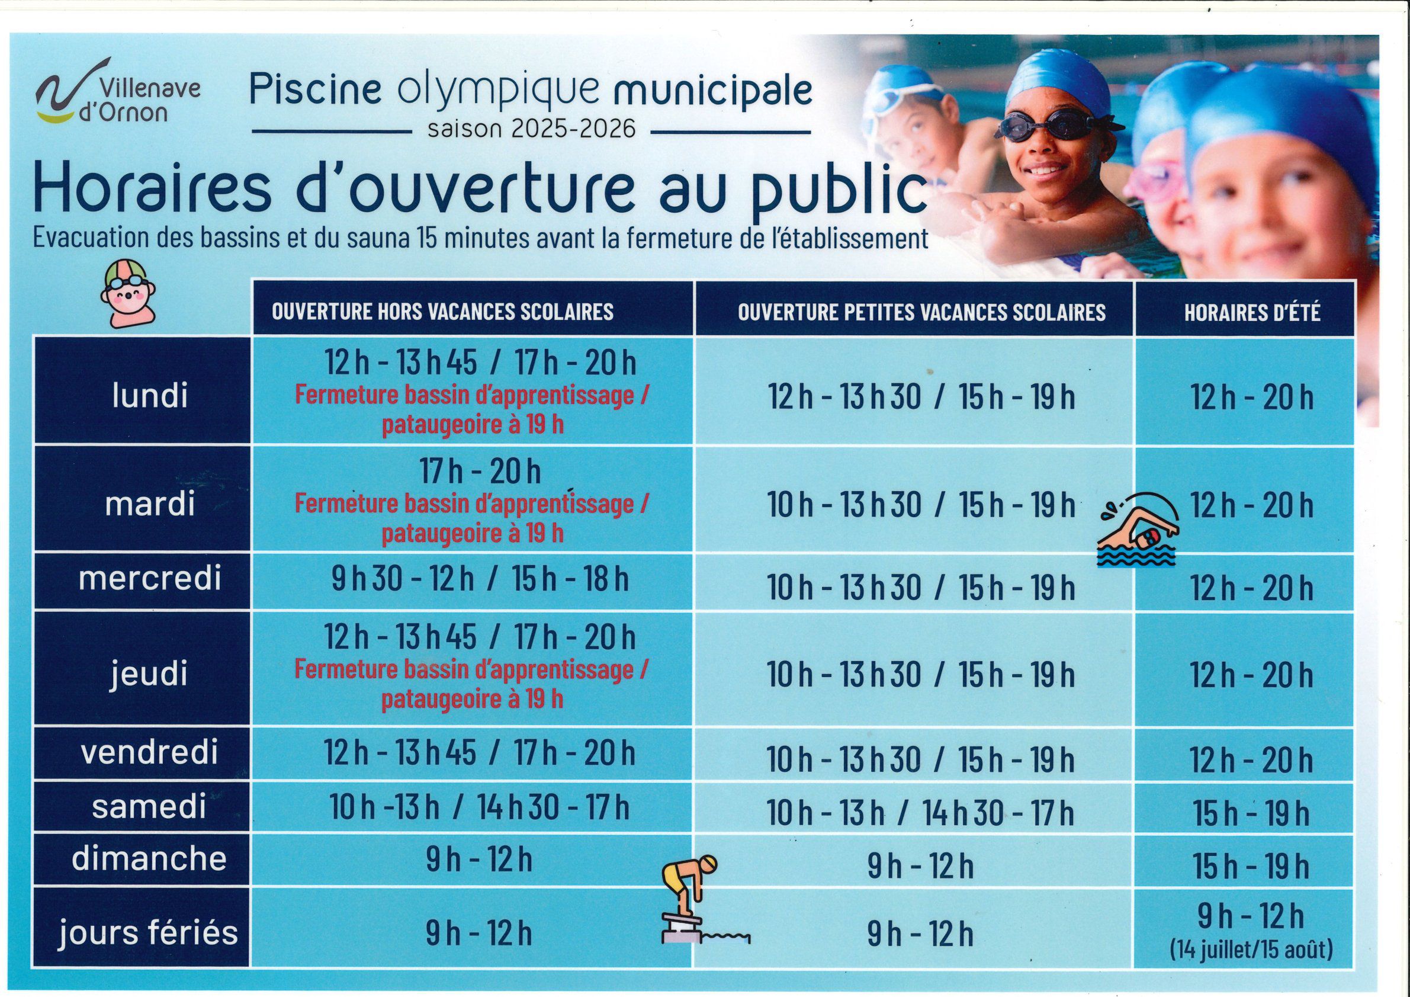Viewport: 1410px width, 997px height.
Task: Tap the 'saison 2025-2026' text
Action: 532,130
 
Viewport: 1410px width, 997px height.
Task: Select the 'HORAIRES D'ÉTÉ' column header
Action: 1251,313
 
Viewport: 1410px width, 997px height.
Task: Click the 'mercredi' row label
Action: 149,579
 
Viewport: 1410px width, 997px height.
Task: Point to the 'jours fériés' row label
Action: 149,932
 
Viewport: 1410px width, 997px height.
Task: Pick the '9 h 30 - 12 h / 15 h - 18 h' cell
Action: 480,580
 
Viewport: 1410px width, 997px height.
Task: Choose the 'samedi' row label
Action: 149,807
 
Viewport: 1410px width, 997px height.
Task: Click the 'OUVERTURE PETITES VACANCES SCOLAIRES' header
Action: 921,313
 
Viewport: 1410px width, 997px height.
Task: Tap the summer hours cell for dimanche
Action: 1251,866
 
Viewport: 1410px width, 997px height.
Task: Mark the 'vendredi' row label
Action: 149,753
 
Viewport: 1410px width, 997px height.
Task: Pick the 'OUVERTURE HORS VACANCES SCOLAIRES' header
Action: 442,312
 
